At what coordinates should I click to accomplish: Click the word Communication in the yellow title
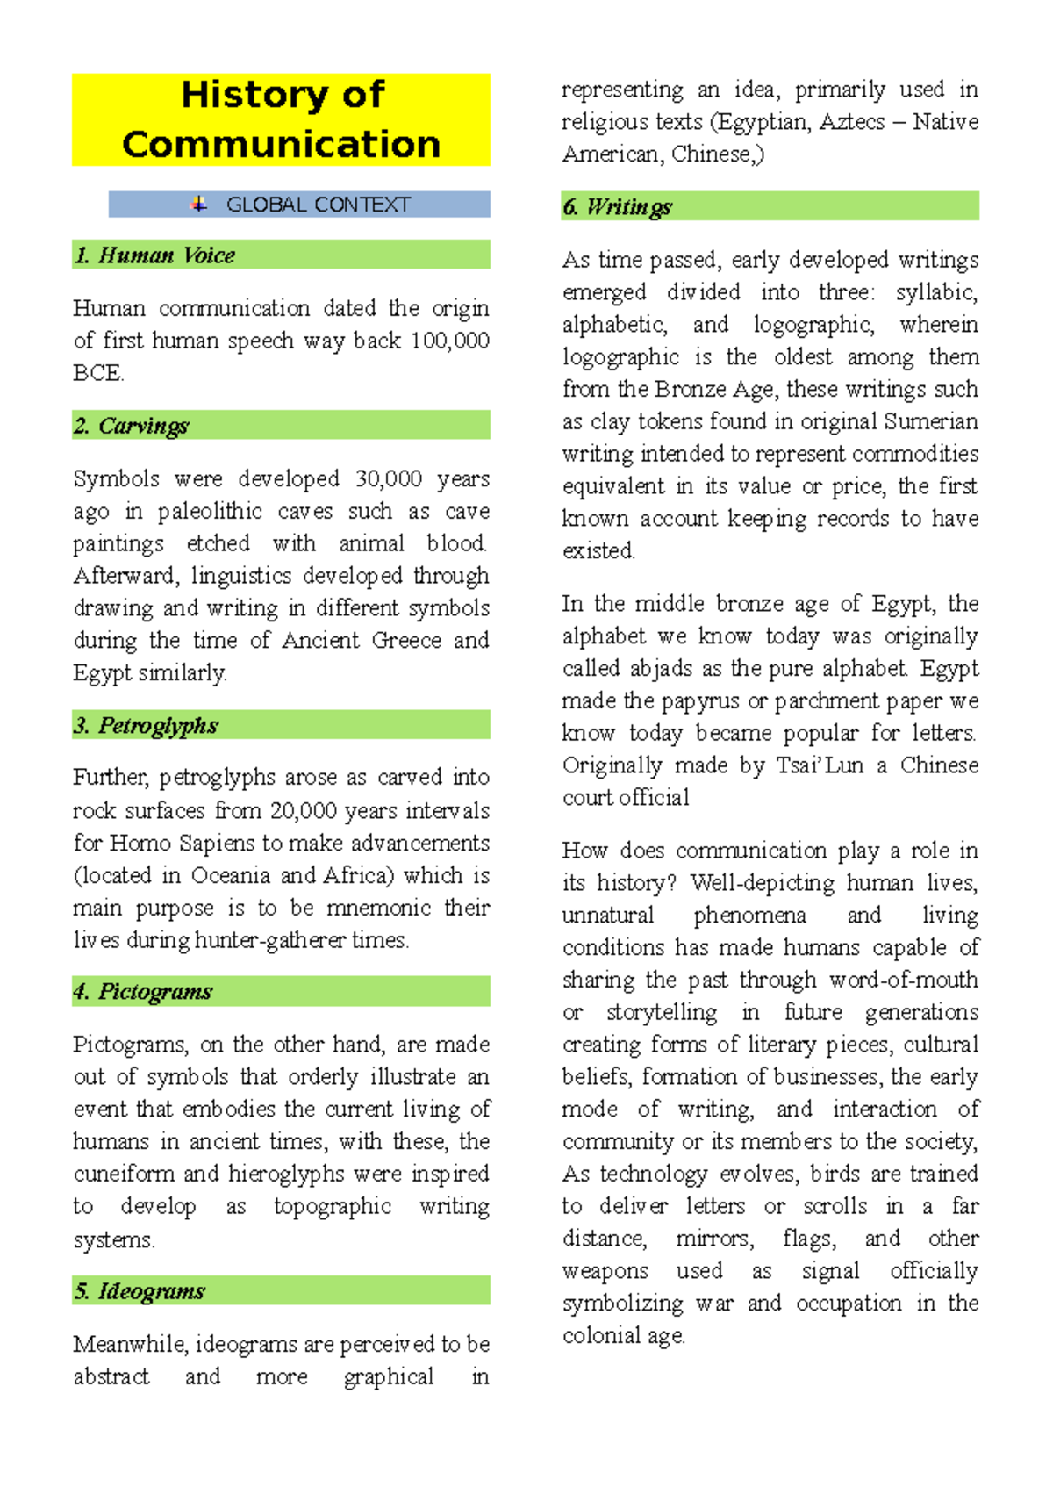point(281,144)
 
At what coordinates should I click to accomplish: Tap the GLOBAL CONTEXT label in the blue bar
point(318,205)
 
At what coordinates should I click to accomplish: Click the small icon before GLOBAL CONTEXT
point(199,204)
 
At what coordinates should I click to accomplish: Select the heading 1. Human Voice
point(154,255)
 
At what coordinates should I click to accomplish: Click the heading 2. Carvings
point(132,426)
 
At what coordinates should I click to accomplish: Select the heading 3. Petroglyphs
point(146,725)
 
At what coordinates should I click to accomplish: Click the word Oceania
point(230,876)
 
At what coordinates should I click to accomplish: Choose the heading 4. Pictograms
point(143,992)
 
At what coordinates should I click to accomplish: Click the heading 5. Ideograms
point(140,1291)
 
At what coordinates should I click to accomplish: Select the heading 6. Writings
point(617,207)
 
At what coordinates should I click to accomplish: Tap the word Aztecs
point(851,122)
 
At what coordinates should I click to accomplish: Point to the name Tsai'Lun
point(820,765)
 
